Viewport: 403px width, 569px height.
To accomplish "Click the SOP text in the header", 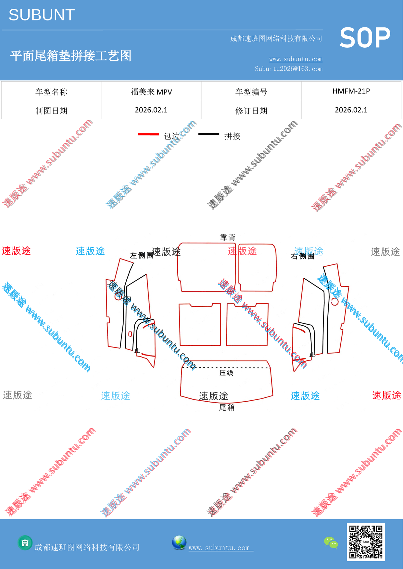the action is [365, 38].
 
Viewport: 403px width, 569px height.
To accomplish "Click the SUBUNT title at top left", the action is [42, 15].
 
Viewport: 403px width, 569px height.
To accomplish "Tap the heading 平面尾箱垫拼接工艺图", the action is [71, 56].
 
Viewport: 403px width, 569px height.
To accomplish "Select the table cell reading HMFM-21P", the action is [351, 91].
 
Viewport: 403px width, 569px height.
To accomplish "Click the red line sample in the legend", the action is [148, 134].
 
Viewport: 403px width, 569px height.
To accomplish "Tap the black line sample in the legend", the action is [209, 134].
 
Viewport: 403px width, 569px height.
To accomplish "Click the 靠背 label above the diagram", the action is [228, 237].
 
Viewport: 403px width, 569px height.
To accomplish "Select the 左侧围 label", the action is [142, 255].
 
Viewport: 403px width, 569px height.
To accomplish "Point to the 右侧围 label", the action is [303, 256].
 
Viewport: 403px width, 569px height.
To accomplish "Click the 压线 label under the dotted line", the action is [226, 373].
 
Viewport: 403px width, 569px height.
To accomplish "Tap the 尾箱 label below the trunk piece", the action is [227, 407].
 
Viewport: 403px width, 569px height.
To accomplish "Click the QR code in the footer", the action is [366, 542].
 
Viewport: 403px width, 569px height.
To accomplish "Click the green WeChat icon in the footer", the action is [331, 543].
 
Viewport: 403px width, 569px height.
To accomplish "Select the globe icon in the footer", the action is [179, 543].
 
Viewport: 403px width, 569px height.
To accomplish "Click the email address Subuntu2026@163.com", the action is [289, 69].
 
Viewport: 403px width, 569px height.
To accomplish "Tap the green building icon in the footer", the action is [25, 543].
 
